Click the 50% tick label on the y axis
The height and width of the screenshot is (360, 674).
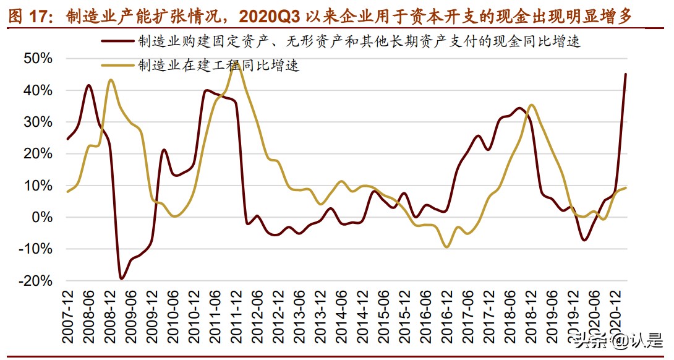click(x=38, y=58)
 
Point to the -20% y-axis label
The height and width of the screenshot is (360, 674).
click(x=36, y=281)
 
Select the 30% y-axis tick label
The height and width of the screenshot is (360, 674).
click(x=38, y=122)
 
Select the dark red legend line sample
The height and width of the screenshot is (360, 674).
click(x=118, y=42)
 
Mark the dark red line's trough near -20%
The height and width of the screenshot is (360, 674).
click(x=121, y=278)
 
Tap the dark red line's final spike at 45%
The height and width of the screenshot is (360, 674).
click(x=625, y=75)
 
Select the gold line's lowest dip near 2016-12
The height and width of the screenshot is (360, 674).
click(x=446, y=247)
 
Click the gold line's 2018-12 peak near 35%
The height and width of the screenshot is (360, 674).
click(x=532, y=105)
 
